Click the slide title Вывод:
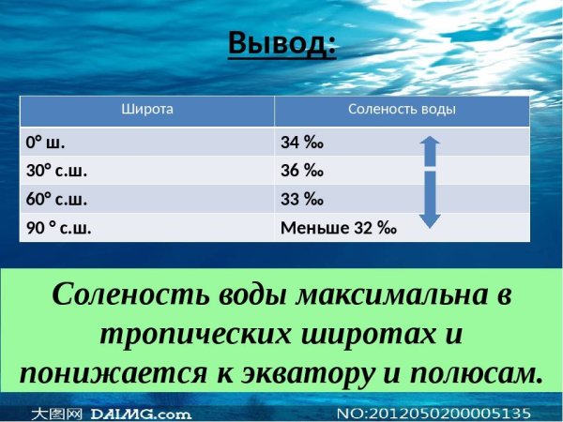[x=281, y=43]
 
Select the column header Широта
[x=147, y=110]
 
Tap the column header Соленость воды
[x=402, y=110]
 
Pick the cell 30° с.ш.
[x=57, y=171]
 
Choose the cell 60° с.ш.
[x=57, y=199]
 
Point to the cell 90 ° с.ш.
[x=59, y=227]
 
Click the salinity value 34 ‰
[x=302, y=143]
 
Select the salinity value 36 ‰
[x=302, y=171]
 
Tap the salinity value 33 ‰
[x=302, y=199]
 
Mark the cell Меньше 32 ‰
[x=339, y=227]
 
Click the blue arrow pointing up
[x=429, y=151]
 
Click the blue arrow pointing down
[x=429, y=200]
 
